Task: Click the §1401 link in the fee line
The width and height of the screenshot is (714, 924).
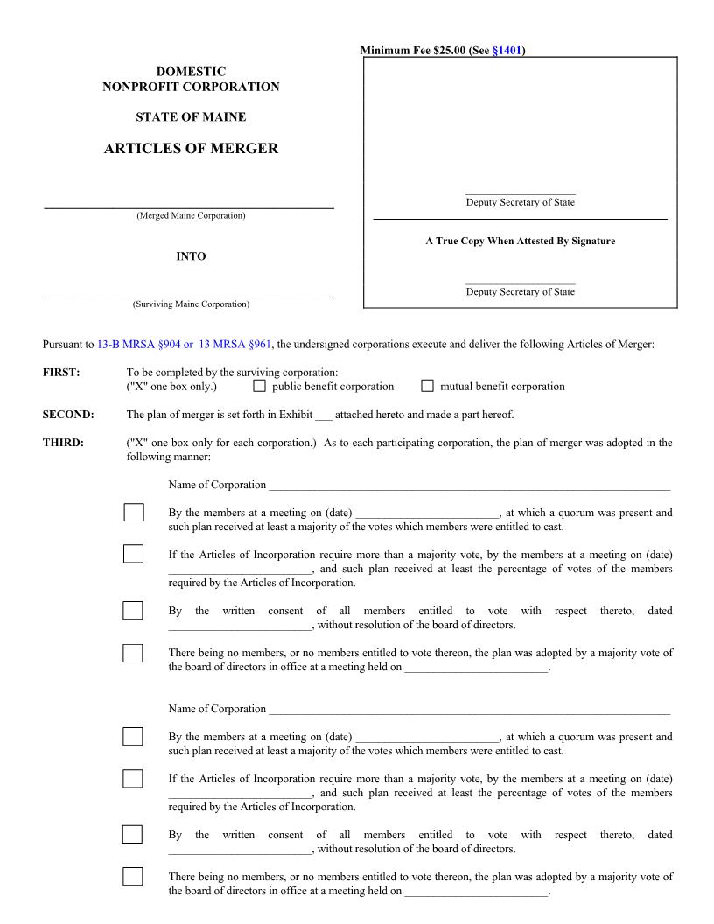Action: point(507,51)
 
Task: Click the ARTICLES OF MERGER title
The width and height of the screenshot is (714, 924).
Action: point(191,149)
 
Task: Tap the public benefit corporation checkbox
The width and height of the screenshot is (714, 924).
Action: point(259,386)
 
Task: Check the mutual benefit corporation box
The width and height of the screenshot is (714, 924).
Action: point(428,386)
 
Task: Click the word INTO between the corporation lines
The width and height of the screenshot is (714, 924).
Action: point(191,256)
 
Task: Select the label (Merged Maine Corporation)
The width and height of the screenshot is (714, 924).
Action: point(191,216)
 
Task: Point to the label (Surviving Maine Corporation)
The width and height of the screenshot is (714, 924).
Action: point(191,304)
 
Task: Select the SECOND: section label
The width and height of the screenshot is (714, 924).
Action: point(68,415)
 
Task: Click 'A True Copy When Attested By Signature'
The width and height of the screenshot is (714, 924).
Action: point(520,241)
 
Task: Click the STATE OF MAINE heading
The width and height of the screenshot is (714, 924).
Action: point(191,116)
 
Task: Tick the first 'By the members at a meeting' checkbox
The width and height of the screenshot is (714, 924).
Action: point(133,513)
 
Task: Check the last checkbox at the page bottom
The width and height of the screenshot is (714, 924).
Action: point(133,876)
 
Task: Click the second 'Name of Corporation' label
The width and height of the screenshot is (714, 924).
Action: point(217,709)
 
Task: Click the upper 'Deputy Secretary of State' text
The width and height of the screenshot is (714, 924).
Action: point(520,203)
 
